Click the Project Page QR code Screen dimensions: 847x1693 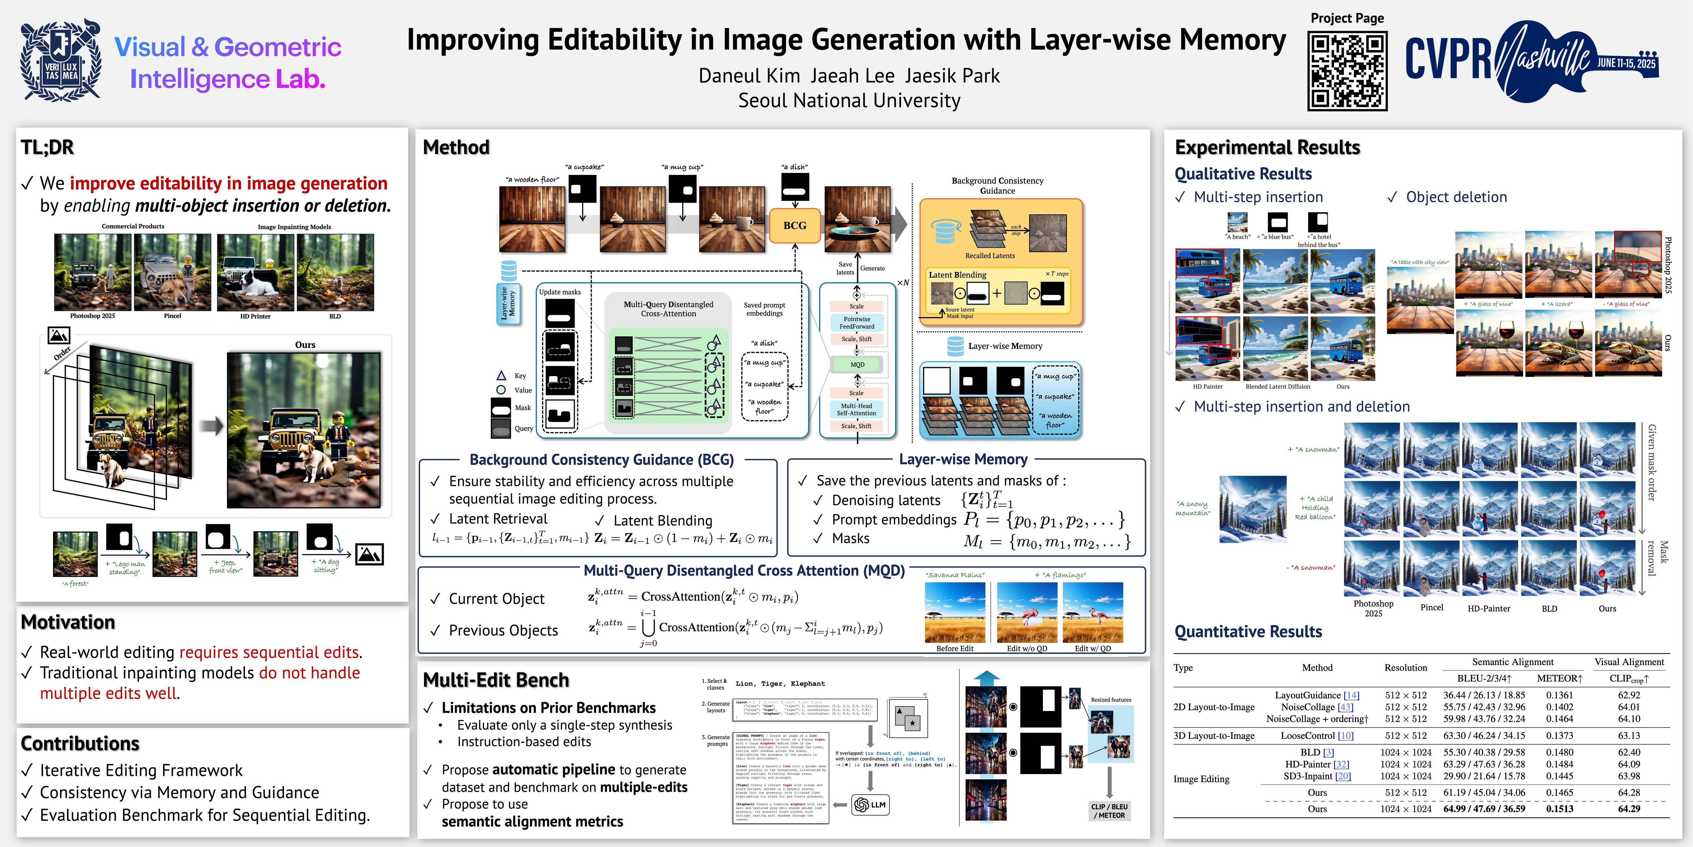click(x=1347, y=71)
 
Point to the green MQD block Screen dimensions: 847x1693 click(x=857, y=364)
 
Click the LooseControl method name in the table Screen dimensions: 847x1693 click(x=1316, y=736)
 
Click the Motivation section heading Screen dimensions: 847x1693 click(x=68, y=622)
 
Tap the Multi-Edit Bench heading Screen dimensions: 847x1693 click(x=496, y=680)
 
